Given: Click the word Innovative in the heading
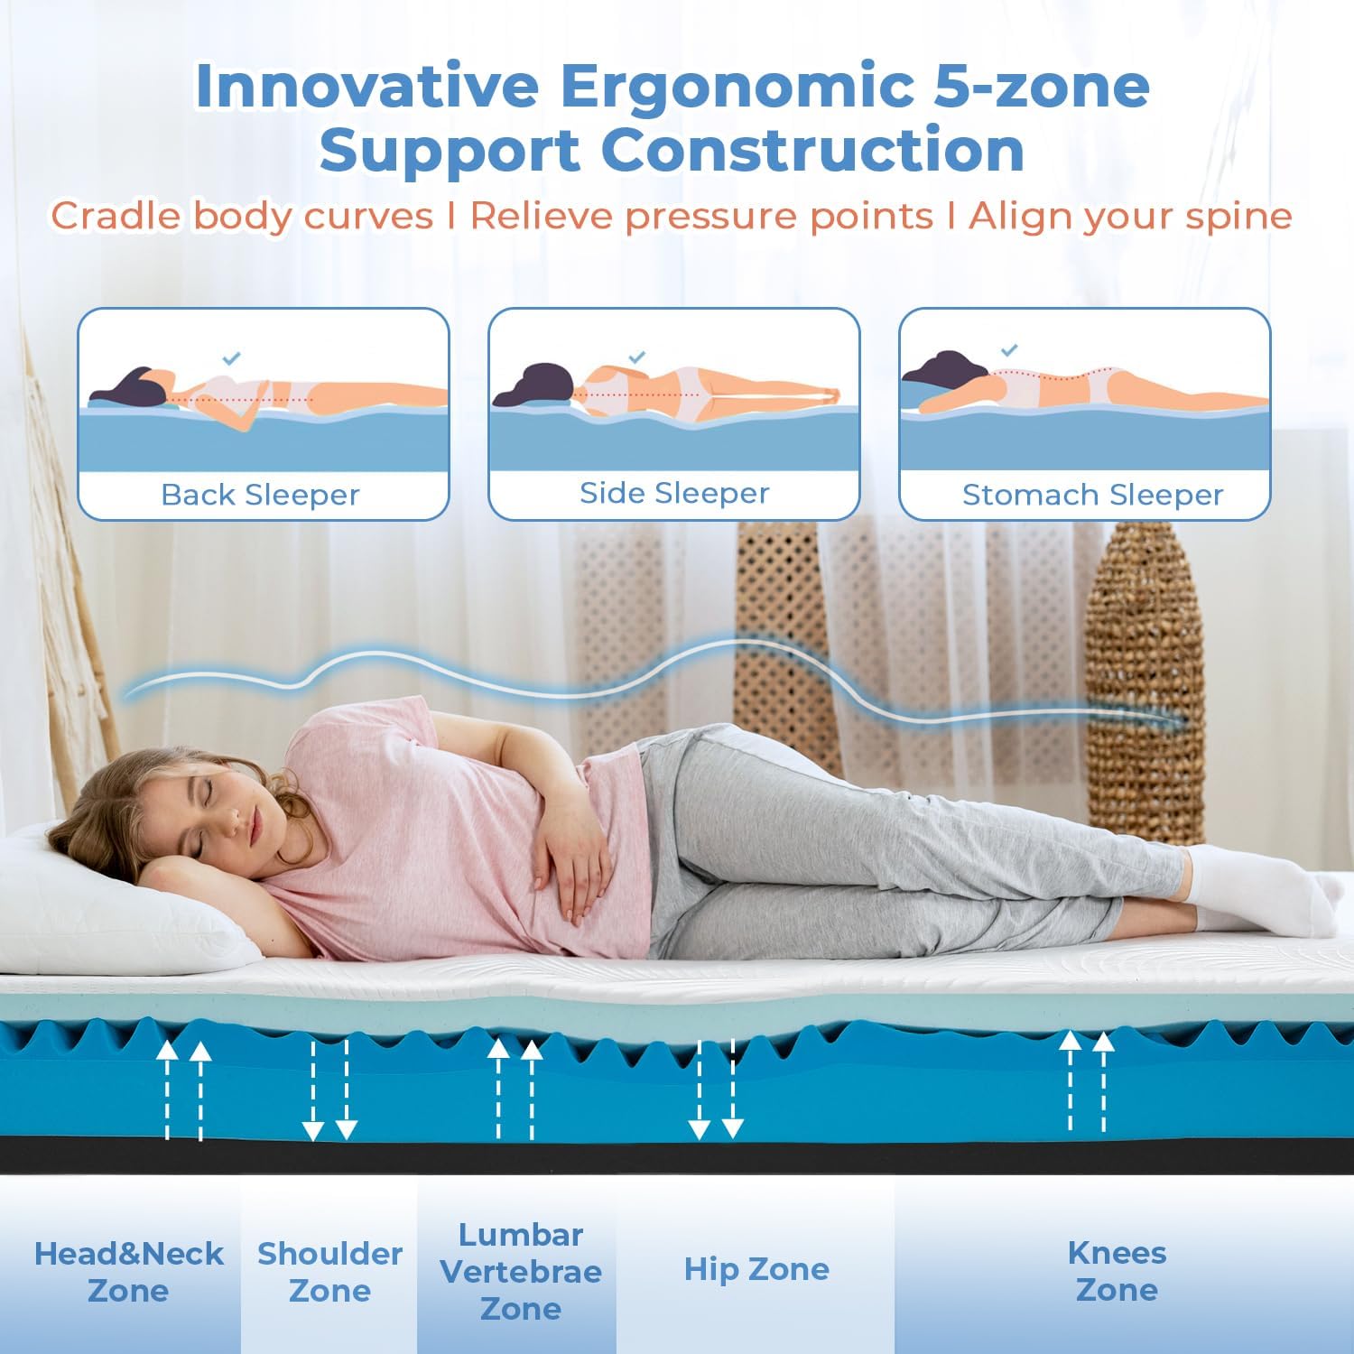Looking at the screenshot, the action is tap(367, 85).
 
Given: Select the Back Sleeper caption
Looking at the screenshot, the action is tap(260, 495).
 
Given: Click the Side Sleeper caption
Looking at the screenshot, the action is tap(674, 493).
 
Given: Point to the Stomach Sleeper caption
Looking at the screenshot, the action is tap(1092, 495).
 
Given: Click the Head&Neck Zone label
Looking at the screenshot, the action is tap(128, 1272).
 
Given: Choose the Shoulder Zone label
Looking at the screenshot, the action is tap(329, 1272).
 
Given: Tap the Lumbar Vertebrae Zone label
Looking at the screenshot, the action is tap(521, 1271).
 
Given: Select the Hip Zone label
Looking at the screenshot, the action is tap(756, 1269).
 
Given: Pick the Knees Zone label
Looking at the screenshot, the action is tap(1117, 1271).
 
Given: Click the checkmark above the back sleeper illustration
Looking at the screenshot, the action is tap(231, 358).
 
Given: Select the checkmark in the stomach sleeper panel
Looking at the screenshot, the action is tap(1009, 349).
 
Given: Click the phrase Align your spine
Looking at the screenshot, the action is tap(1130, 217).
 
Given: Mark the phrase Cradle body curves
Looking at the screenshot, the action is tap(242, 217).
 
